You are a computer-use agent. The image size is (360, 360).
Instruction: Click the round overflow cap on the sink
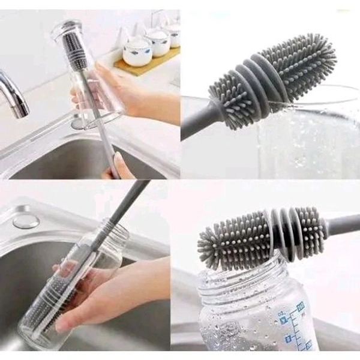(x=26, y=220)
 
